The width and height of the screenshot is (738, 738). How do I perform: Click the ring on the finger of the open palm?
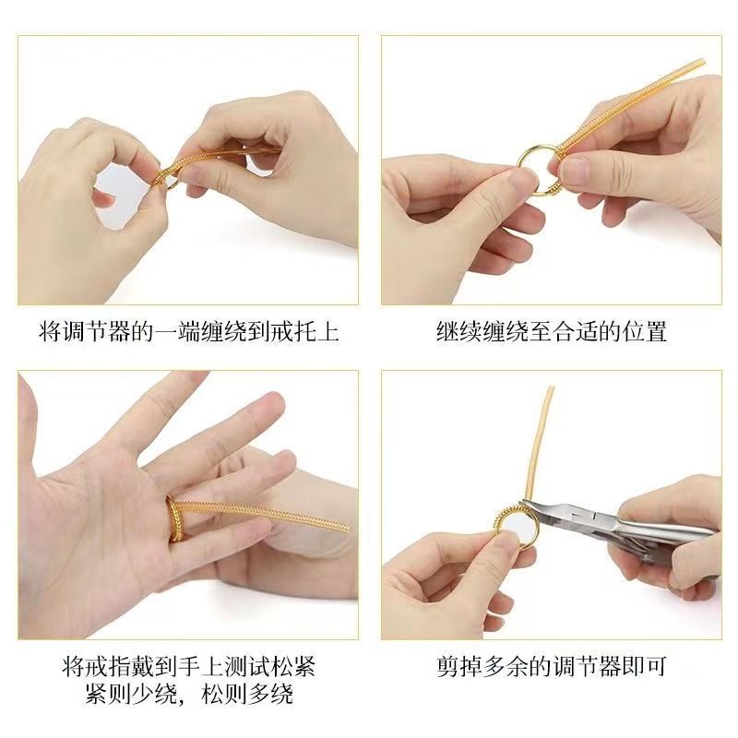(173, 518)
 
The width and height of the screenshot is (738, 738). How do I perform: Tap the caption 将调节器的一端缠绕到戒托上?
(188, 331)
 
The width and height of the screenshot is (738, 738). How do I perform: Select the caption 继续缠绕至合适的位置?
(551, 331)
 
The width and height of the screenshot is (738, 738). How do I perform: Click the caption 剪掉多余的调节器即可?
(551, 666)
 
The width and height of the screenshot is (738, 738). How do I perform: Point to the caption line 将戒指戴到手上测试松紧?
(188, 666)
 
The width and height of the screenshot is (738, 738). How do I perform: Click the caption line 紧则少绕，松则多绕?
(188, 694)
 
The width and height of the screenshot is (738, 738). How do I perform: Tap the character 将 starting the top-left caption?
(50, 331)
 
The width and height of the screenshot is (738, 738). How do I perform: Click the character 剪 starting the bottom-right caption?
(447, 666)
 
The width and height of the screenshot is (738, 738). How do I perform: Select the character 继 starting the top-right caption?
(447, 331)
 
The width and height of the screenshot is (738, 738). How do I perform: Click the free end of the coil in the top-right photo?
(701, 62)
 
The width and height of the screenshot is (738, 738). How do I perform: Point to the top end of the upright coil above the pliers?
(550, 388)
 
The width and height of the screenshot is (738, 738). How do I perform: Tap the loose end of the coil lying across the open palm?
(347, 527)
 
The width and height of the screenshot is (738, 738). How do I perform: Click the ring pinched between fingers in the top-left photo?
(166, 180)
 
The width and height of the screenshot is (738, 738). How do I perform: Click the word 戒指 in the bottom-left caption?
(107, 666)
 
